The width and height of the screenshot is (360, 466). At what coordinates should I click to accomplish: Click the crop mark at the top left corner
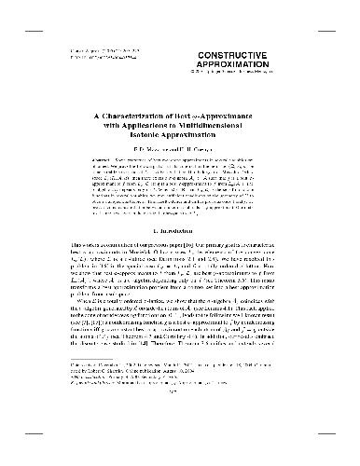tap(5, 5)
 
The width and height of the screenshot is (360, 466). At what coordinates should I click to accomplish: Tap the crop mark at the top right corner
tap(354, 5)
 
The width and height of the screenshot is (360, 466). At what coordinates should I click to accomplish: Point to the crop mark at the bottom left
tap(5, 460)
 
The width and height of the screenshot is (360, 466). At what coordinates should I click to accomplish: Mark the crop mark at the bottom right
tap(354, 460)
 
